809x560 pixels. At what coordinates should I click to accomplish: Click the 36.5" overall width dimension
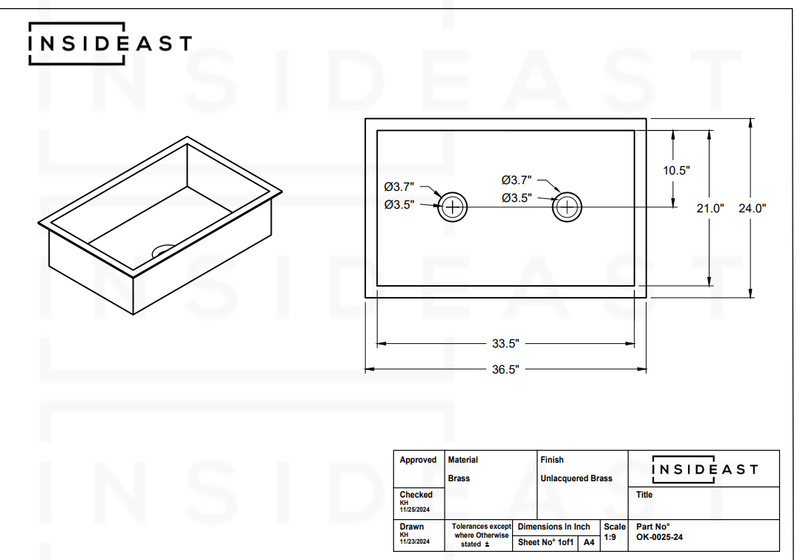(x=505, y=369)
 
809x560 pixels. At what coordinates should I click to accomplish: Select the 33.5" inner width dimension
(x=505, y=344)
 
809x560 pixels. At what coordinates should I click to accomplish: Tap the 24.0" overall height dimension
(x=751, y=209)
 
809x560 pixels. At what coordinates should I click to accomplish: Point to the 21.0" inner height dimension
(x=710, y=209)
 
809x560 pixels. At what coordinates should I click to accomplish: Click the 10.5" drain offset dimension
(x=676, y=170)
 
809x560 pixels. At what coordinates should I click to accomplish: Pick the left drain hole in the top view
(x=452, y=207)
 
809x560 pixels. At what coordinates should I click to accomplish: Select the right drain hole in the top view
(x=568, y=207)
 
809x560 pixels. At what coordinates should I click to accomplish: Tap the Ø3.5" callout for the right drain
(x=517, y=198)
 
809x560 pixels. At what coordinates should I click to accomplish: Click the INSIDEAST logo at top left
(x=109, y=44)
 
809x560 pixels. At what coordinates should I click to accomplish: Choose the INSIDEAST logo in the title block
(x=704, y=469)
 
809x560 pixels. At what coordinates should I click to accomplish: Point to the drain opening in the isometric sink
(x=164, y=250)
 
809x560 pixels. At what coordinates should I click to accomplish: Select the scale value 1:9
(x=610, y=537)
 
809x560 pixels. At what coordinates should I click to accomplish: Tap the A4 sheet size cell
(x=589, y=543)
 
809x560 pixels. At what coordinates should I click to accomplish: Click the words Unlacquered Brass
(x=576, y=478)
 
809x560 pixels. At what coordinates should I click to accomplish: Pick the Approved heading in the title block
(x=418, y=460)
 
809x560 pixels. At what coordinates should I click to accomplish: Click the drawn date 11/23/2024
(x=415, y=542)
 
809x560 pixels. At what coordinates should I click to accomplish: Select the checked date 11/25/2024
(x=415, y=509)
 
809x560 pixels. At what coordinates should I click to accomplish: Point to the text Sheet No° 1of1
(x=546, y=543)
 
